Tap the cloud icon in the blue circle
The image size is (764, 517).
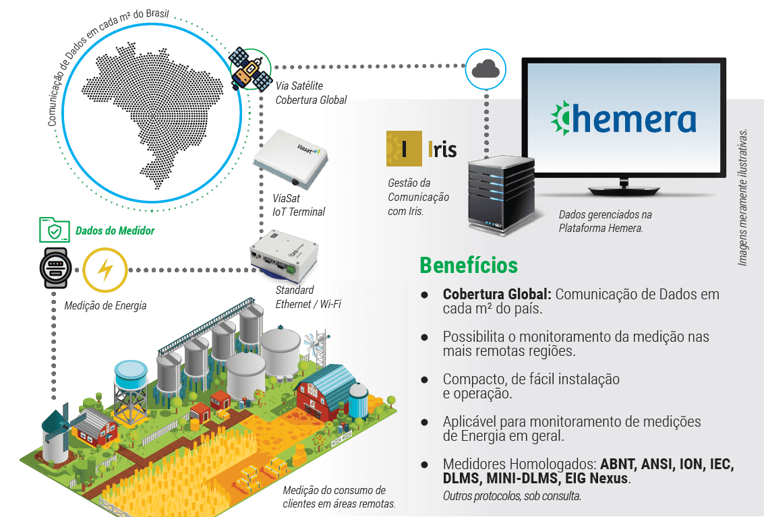(x=486, y=69)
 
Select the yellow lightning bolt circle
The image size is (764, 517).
(x=105, y=270)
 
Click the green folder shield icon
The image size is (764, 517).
(x=53, y=230)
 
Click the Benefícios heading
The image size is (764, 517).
(x=468, y=265)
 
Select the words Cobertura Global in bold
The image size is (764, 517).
(x=496, y=295)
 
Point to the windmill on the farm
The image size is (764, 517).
(x=57, y=431)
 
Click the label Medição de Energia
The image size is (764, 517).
(x=105, y=306)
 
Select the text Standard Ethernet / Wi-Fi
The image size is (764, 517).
(x=308, y=297)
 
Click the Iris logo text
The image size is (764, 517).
(x=442, y=150)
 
